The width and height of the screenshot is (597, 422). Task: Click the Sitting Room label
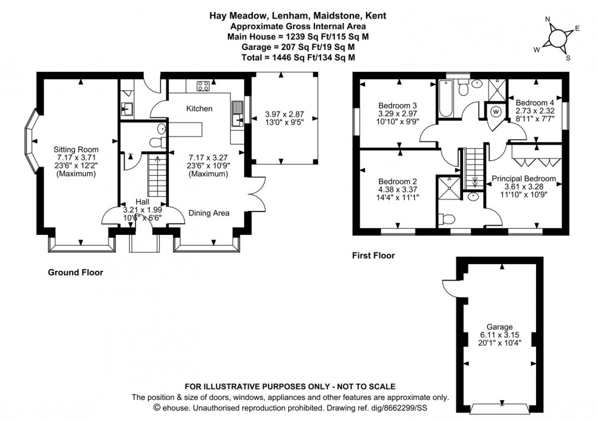[76, 149]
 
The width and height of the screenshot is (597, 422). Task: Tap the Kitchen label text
[199, 109]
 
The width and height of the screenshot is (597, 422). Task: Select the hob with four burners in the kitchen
[203, 85]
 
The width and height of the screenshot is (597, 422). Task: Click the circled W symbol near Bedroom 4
[496, 112]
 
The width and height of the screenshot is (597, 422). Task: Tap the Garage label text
[499, 326]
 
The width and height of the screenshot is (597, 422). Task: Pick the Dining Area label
[208, 213]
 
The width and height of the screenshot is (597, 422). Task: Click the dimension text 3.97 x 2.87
[284, 113]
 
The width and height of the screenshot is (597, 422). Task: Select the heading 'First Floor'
[373, 256]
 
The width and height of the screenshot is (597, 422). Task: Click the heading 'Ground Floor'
[75, 273]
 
